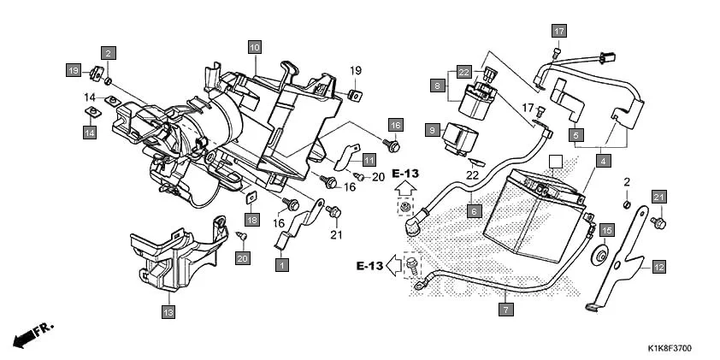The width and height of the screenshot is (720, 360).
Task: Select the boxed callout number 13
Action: click(168, 312)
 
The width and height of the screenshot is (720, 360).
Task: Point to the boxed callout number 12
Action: click(658, 267)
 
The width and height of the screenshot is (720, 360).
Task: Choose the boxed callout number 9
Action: click(433, 129)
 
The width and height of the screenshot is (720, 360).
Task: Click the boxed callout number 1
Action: click(280, 265)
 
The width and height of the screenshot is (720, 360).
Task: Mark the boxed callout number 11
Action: click(369, 160)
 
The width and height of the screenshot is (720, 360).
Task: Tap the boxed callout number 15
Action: click(606, 231)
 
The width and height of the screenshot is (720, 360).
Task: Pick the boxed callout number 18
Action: click(251, 220)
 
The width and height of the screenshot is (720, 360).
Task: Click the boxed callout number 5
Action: click(576, 135)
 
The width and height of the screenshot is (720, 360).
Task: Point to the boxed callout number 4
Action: click(604, 161)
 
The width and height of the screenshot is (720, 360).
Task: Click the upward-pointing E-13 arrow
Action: click(405, 184)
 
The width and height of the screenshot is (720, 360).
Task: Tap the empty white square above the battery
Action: click(554, 162)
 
